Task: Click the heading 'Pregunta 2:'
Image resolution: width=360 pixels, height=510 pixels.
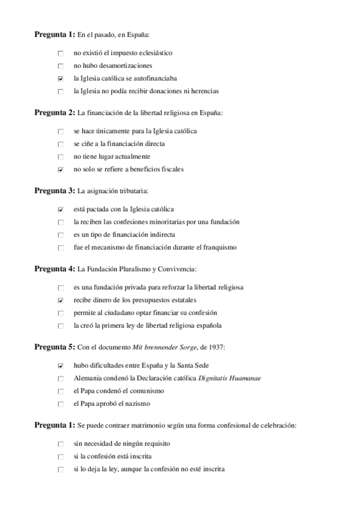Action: click(54, 112)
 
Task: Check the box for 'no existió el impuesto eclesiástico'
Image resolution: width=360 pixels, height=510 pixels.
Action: click(61, 54)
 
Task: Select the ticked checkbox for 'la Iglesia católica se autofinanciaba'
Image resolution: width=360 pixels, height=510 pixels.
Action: click(61, 79)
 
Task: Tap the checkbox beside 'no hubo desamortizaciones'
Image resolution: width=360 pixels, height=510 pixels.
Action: click(61, 66)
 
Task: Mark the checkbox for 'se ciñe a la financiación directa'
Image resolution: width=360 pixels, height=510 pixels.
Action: click(61, 144)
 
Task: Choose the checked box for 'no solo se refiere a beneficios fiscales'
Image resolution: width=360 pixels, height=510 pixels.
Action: click(61, 170)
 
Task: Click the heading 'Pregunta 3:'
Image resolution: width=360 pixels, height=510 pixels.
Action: click(54, 191)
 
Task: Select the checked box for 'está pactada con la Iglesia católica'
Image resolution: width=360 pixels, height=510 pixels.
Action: click(61, 210)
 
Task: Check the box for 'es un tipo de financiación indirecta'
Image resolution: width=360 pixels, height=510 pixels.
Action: click(61, 235)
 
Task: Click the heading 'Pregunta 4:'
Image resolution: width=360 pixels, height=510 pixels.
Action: click(54, 269)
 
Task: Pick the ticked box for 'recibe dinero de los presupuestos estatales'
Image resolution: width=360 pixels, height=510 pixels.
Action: click(61, 300)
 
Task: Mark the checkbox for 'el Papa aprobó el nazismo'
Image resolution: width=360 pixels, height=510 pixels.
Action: click(61, 404)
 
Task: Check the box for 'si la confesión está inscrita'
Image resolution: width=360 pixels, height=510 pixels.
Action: click(61, 456)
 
